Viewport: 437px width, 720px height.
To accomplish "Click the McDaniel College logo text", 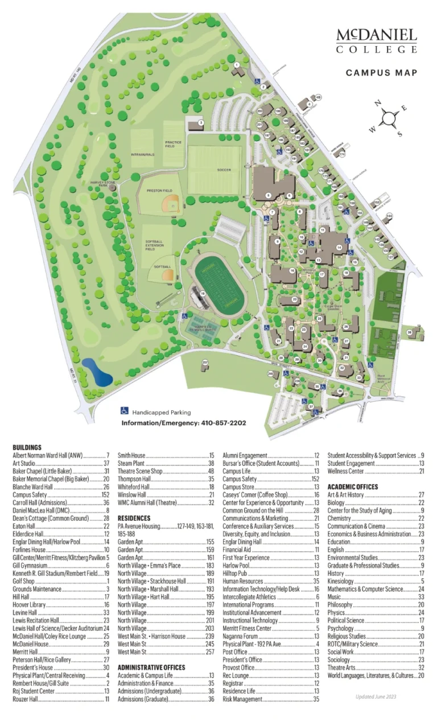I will point(376,41).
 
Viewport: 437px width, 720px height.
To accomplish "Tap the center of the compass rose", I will point(388,118).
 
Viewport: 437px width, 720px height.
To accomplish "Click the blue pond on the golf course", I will point(96,371).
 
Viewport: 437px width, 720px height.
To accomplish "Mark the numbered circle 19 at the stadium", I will point(203,293).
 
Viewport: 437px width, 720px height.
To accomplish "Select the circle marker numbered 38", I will point(409,332).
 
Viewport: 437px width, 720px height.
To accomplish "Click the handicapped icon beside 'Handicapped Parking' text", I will point(124,411).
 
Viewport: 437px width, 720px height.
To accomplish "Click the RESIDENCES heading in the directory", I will point(134,519).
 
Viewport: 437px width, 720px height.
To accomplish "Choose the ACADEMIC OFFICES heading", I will point(353,487).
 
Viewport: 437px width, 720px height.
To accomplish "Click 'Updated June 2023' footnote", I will point(376,697).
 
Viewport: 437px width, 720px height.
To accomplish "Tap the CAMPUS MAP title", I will point(381,73).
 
